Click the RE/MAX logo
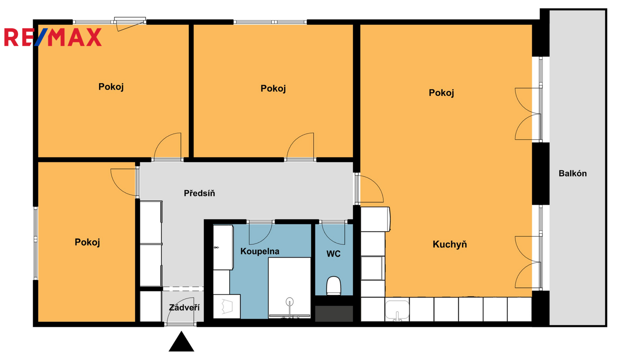pos(53,37)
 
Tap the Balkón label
pos(572,174)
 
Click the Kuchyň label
pos(450,244)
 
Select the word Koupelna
pos(260,252)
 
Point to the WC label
pos(334,254)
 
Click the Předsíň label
pos(200,193)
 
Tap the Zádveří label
pos(184,308)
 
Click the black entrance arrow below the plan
pos(182,342)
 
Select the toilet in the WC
pos(334,286)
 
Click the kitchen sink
pos(397,310)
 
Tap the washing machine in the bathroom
pos(227,306)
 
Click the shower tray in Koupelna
pos(290,288)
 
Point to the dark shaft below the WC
pos(334,314)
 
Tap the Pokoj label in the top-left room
pos(111,87)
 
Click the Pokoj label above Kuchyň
pos(442,93)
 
